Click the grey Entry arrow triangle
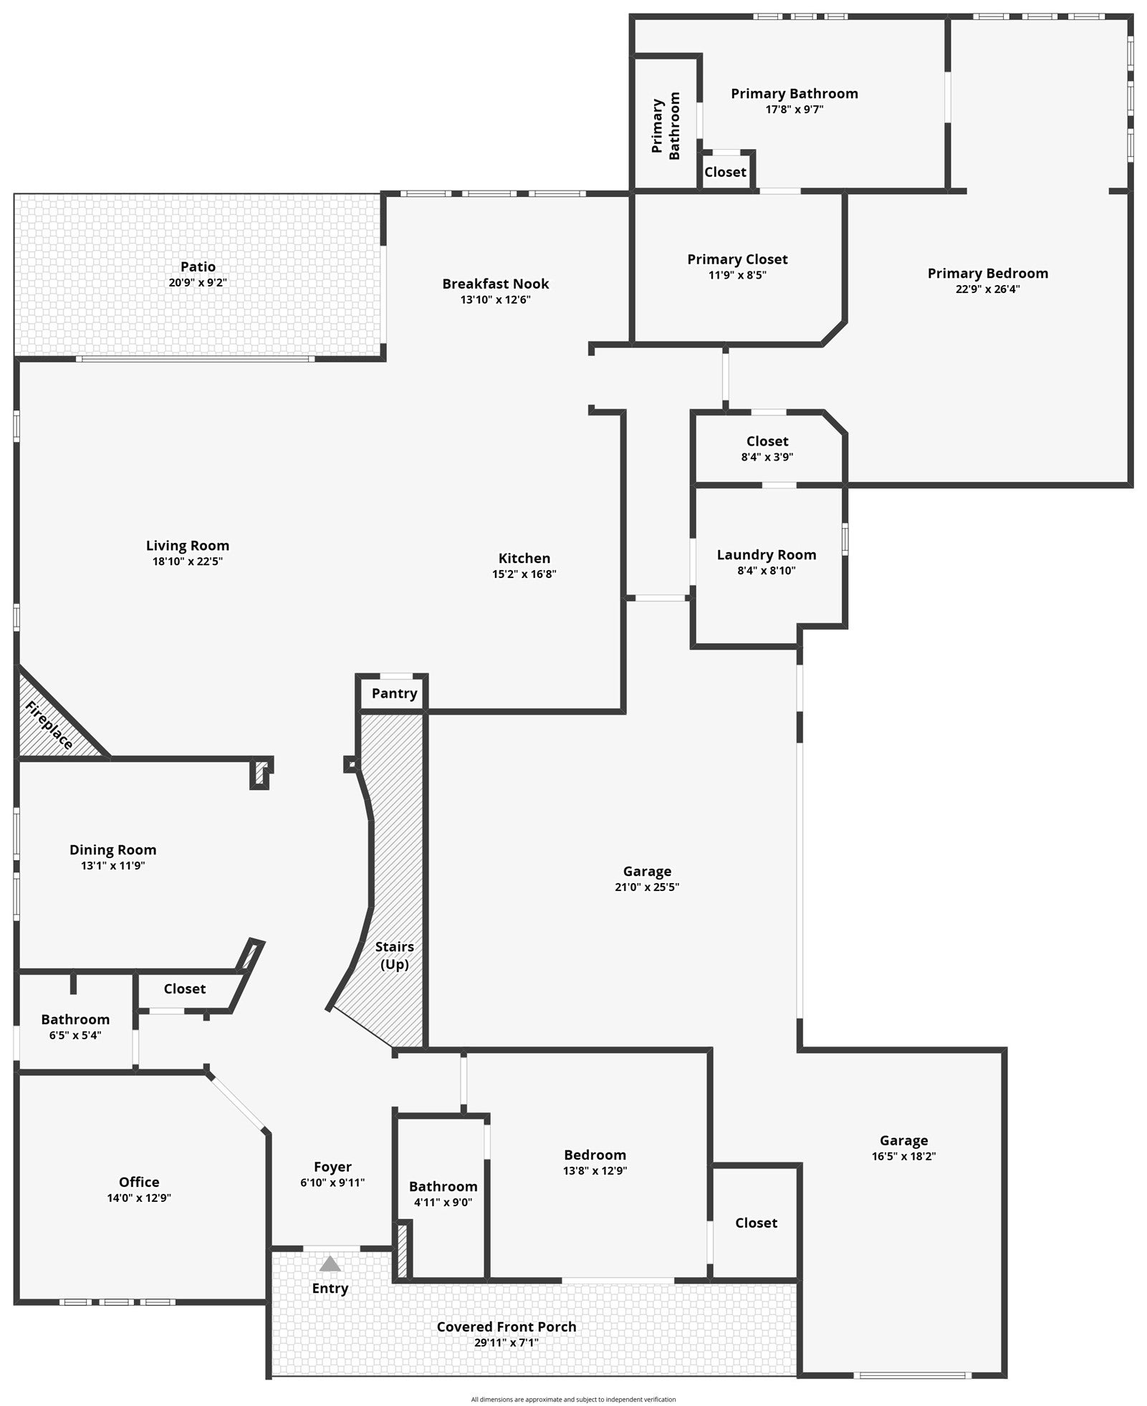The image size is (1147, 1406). [x=330, y=1263]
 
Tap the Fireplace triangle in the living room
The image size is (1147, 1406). [x=50, y=723]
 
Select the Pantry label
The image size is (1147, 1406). [x=394, y=693]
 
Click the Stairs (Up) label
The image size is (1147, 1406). [x=395, y=955]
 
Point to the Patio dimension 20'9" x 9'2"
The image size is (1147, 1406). [x=198, y=283]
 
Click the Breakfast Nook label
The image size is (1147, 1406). [x=496, y=284]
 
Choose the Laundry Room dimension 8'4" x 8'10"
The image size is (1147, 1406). [x=767, y=571]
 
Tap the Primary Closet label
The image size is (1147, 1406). [x=737, y=259]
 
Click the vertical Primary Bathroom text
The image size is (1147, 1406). [x=666, y=126]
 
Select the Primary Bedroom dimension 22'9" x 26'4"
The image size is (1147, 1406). [x=988, y=289]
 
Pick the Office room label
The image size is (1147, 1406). [x=139, y=1182]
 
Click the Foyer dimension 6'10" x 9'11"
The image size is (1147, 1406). [x=332, y=1183]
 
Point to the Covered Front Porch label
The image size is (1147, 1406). [x=507, y=1326]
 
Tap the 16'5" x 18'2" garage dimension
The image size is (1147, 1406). [x=904, y=1156]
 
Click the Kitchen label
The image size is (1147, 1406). [x=524, y=558]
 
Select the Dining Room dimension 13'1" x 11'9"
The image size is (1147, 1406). [x=113, y=866]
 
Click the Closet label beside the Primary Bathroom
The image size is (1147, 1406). [x=725, y=172]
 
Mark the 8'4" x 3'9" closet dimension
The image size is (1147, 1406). [x=767, y=457]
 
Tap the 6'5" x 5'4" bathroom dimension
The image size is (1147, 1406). [x=75, y=1035]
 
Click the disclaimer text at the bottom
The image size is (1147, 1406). [x=573, y=1399]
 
